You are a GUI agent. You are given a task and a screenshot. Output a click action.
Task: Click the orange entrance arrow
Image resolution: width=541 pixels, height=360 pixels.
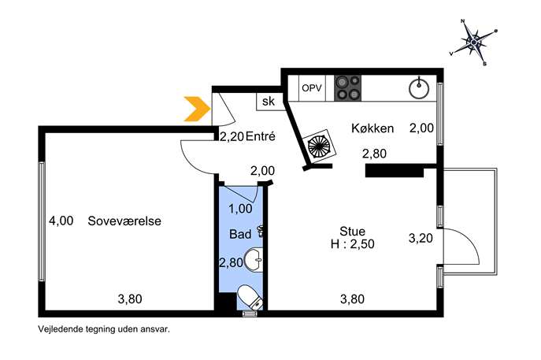click(198, 109)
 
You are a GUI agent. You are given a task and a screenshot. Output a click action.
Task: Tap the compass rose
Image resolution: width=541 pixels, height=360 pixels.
click(473, 42)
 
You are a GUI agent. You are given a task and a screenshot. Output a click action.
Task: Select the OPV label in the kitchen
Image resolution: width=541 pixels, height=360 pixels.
click(312, 88)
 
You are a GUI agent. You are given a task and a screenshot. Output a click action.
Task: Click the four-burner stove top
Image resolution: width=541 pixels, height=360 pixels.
click(347, 88)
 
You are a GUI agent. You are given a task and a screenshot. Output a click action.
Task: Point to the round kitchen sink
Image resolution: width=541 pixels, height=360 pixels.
click(419, 88)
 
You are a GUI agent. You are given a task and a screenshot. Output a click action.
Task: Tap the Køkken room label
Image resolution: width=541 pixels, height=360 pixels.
click(372, 128)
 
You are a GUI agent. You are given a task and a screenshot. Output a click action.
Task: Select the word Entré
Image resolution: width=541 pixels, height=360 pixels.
click(261, 137)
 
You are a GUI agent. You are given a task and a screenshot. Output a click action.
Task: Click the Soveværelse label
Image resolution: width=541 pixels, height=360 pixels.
click(124, 221)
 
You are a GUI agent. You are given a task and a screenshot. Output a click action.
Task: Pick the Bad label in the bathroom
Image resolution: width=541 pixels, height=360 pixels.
click(240, 235)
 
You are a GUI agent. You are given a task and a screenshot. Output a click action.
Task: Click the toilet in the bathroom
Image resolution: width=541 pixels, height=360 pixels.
click(250, 297)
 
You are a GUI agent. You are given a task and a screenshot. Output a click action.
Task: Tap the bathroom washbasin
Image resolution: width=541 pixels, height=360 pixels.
click(254, 260)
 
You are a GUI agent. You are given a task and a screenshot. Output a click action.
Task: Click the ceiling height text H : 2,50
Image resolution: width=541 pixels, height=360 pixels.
click(352, 244)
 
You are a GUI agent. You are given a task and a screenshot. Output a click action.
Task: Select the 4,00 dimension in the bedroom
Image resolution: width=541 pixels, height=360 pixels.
click(61, 221)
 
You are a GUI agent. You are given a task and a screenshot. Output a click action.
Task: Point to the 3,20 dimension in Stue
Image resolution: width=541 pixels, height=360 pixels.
click(421, 238)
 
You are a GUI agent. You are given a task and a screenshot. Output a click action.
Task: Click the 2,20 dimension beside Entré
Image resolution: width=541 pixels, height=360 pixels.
click(232, 137)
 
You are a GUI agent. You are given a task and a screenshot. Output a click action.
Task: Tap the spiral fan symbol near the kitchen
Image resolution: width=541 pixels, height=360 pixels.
click(319, 146)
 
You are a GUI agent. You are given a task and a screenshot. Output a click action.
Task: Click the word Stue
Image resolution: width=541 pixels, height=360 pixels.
click(352, 232)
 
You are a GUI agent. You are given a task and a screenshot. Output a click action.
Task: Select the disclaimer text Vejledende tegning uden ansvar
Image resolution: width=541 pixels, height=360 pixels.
click(104, 329)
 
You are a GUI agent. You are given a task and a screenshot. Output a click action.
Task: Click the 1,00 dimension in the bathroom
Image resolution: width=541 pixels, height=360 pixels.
click(240, 209)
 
